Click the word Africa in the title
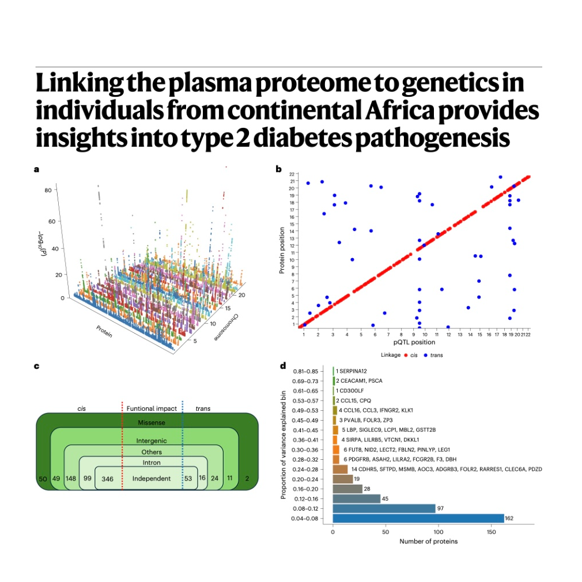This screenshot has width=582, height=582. [x=399, y=111]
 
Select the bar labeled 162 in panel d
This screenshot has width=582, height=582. [x=418, y=518]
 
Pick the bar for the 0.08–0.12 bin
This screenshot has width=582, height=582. [x=384, y=508]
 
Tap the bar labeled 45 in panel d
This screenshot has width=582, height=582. [x=357, y=498]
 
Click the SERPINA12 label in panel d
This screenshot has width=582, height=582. [x=353, y=371]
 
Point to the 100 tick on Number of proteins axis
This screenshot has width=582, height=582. [x=439, y=532]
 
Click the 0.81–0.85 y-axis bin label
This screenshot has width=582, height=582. [x=305, y=371]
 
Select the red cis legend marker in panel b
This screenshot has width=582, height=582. [x=406, y=355]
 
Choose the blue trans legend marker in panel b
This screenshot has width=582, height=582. [x=426, y=355]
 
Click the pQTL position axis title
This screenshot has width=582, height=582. [x=414, y=342]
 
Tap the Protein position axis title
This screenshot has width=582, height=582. [x=282, y=251]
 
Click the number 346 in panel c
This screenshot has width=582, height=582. [x=107, y=479]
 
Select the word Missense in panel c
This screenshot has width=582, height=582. [x=152, y=422]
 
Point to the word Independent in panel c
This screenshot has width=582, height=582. [x=152, y=478]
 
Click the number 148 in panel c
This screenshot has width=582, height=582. [x=71, y=478]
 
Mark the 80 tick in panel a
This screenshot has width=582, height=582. [x=48, y=190]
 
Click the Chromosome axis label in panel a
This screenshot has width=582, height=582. [x=226, y=327]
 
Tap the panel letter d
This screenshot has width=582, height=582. [x=283, y=366]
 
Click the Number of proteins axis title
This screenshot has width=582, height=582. [x=428, y=541]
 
